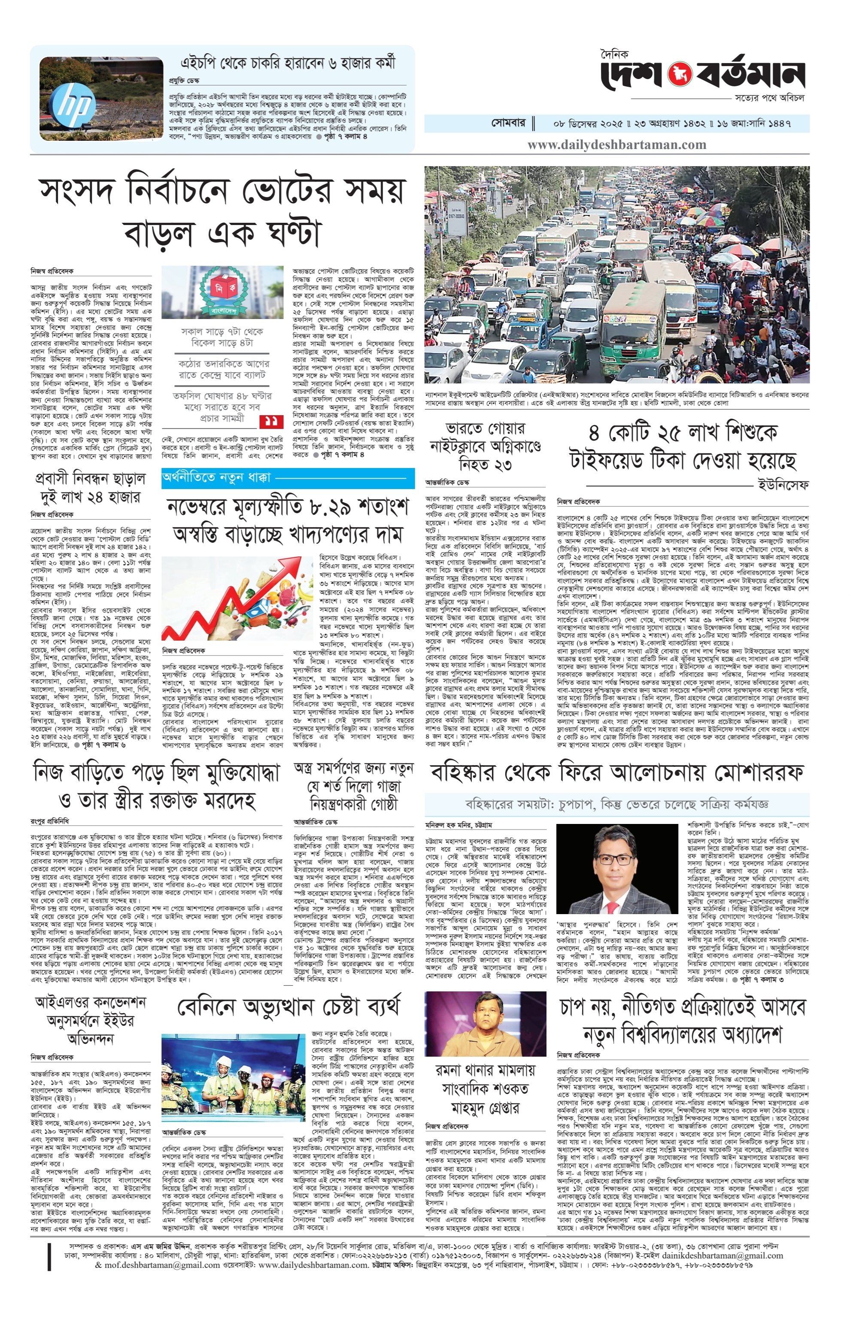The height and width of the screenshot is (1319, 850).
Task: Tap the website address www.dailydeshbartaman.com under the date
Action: (616, 145)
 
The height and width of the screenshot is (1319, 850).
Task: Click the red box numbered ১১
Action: (271, 422)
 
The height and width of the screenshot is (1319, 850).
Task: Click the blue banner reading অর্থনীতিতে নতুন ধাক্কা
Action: (216, 477)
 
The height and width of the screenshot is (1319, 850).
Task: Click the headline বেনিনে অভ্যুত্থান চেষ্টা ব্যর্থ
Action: (288, 1007)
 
